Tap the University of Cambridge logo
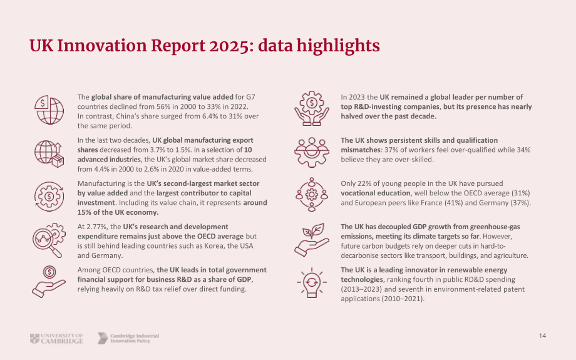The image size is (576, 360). (x=56, y=338)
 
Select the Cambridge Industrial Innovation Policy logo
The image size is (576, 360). (x=128, y=338)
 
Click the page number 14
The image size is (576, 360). (x=542, y=336)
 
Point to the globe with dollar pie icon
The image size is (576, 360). (x=49, y=110)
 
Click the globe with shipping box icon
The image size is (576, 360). (x=49, y=153)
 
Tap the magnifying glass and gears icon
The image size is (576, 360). (x=49, y=240)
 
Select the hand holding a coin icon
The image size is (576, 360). (x=49, y=281)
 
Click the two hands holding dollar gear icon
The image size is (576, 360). (x=312, y=108)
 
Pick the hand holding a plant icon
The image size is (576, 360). (x=312, y=240)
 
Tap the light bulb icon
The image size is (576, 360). (x=312, y=282)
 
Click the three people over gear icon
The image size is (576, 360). (x=312, y=152)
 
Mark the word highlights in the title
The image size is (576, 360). (x=338, y=46)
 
